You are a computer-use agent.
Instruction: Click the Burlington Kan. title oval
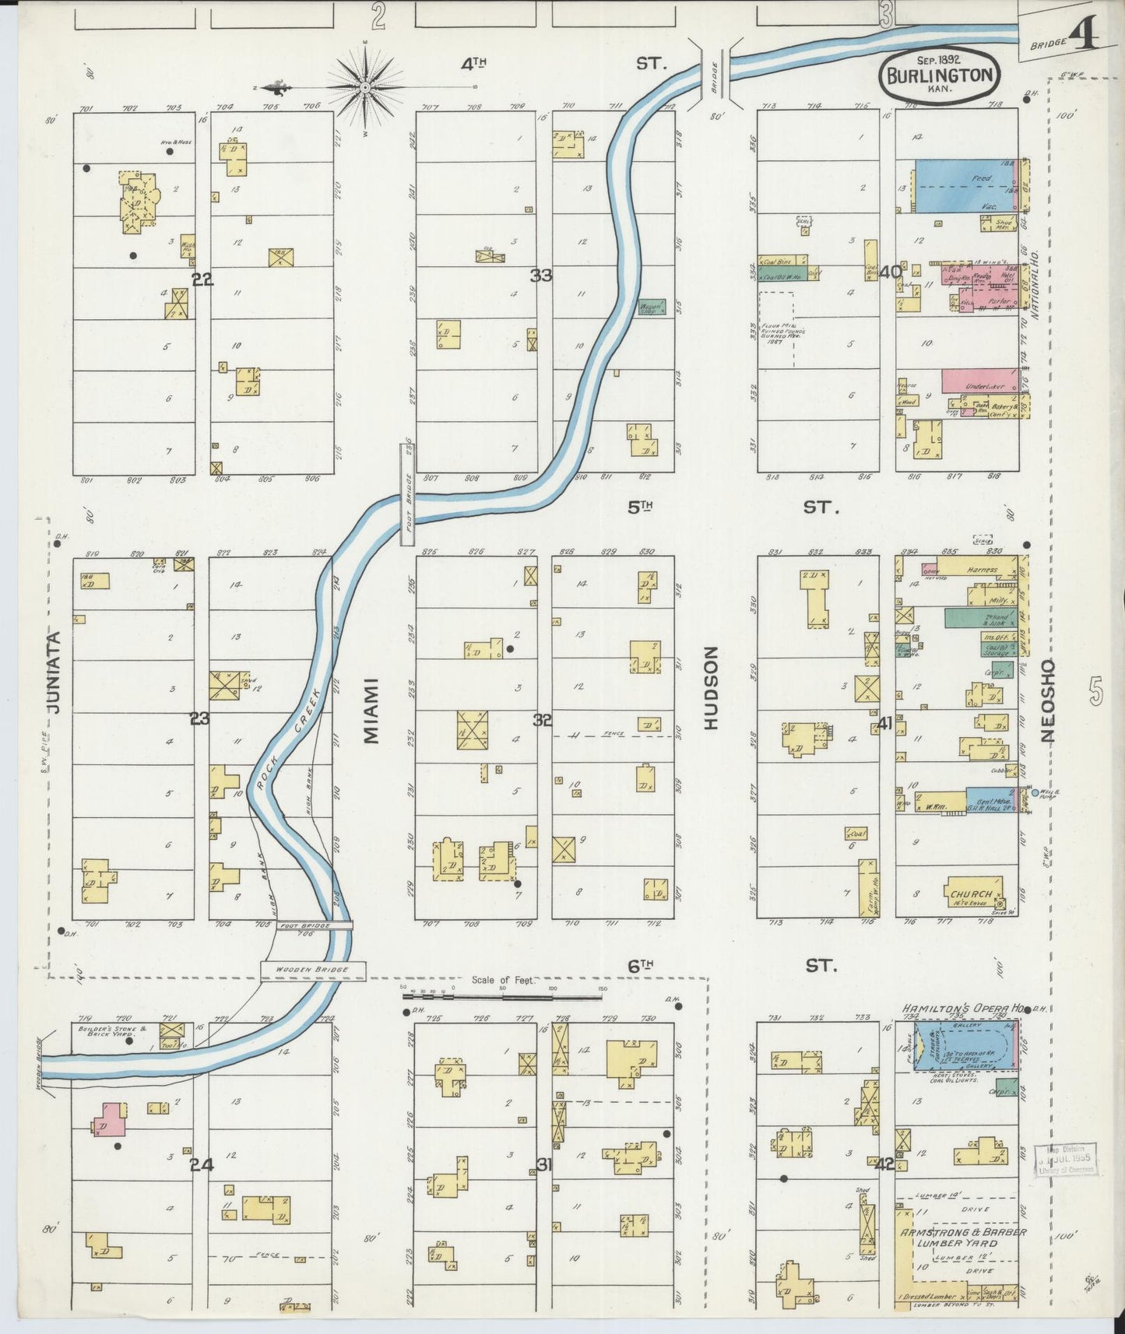(940, 76)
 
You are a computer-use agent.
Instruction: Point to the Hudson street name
(711, 688)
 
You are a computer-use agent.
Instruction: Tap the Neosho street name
(1048, 700)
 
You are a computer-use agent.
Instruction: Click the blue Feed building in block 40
(964, 186)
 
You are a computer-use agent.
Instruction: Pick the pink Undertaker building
(978, 381)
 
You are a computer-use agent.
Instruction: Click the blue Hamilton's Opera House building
(965, 1046)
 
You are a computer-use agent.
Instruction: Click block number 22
(202, 279)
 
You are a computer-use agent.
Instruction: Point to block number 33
(541, 275)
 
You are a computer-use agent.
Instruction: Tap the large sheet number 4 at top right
(1085, 33)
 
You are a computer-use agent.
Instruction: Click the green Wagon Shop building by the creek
(652, 307)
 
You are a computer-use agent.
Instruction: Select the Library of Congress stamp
(1064, 1160)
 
